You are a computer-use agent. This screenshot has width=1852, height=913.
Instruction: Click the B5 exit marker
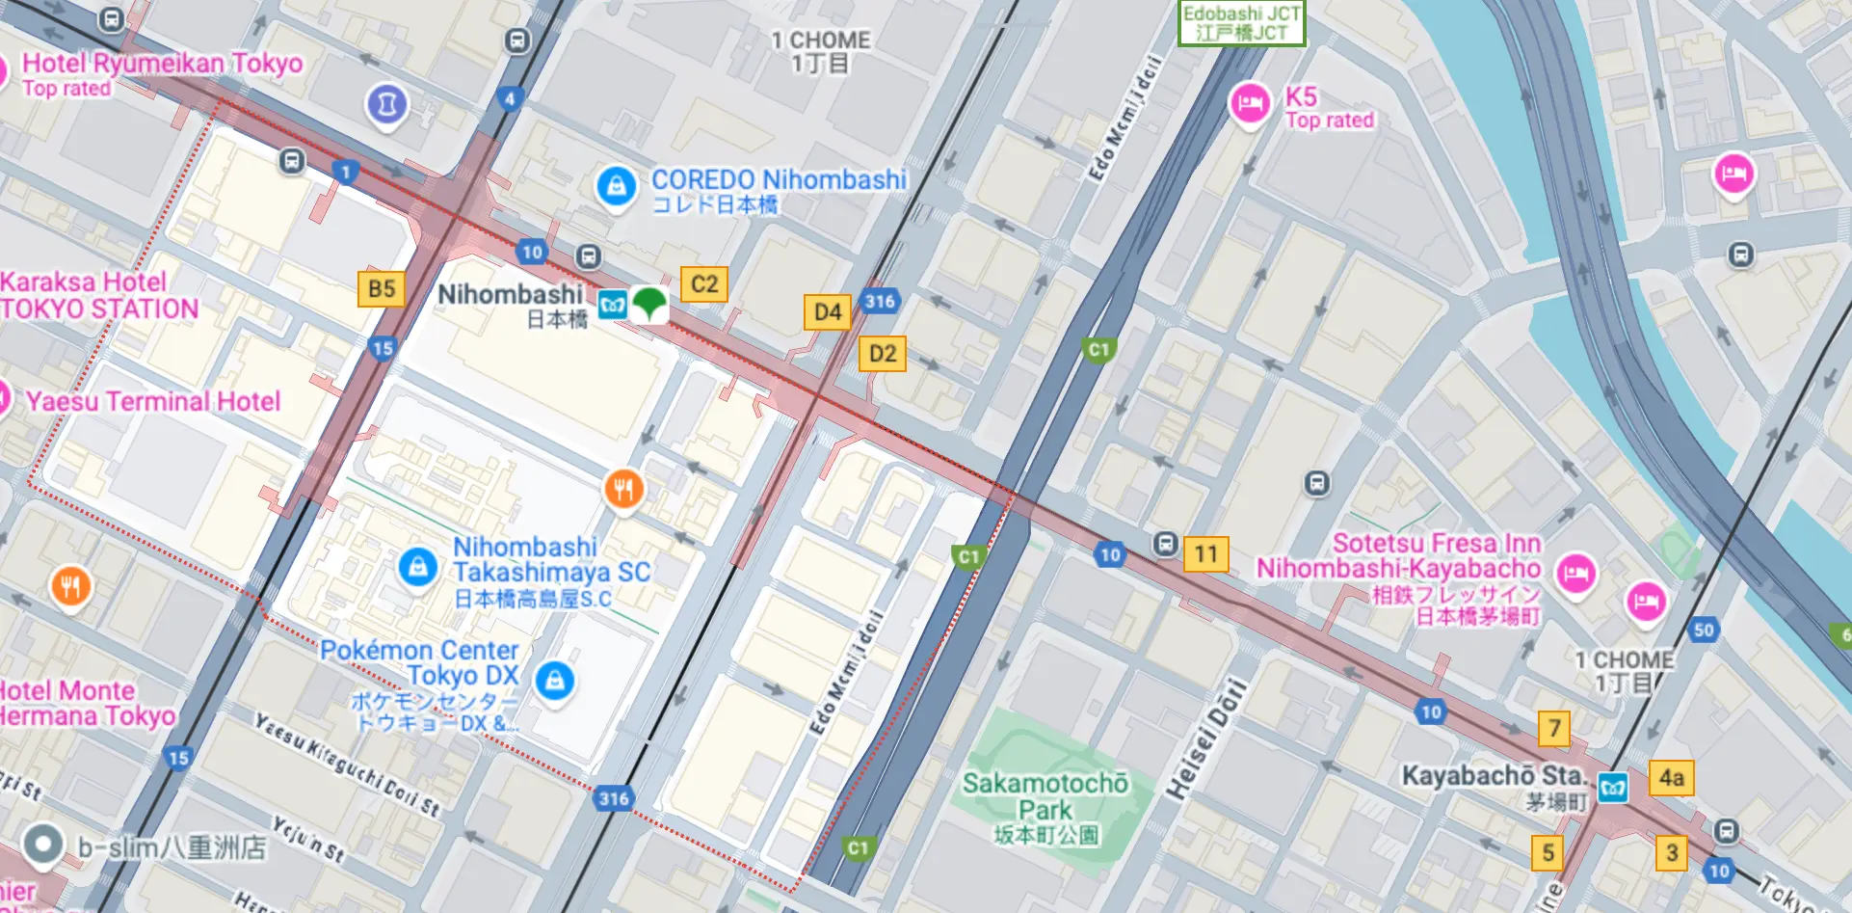tap(381, 288)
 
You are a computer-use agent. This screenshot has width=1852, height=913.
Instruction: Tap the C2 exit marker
tap(703, 284)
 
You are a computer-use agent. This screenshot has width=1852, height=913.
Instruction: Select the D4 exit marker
tap(827, 312)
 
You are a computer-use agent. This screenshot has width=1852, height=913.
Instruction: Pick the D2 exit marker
tap(882, 354)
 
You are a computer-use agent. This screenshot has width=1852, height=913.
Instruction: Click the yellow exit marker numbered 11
tap(1205, 554)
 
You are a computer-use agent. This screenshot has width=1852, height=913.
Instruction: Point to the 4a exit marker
tap(1671, 778)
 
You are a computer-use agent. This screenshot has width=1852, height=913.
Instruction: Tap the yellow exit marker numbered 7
tap(1553, 729)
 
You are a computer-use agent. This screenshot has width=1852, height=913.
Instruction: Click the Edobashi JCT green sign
tap(1241, 23)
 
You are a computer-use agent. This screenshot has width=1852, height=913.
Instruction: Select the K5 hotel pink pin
tap(1250, 103)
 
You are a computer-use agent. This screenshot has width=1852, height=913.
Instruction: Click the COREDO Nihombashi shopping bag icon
tap(616, 186)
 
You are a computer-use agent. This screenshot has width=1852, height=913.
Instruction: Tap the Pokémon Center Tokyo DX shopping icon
tap(554, 682)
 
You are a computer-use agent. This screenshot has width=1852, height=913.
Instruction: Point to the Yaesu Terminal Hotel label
tap(153, 401)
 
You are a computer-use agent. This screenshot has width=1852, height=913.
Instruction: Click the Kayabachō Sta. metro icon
tap(1613, 788)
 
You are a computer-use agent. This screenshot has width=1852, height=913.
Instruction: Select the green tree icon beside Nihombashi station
tap(649, 304)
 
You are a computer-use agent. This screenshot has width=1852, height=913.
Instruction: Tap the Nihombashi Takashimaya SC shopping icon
tap(417, 567)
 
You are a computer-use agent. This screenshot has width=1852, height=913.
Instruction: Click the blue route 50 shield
tap(1704, 631)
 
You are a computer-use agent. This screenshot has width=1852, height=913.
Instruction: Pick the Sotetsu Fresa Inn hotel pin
tap(1575, 574)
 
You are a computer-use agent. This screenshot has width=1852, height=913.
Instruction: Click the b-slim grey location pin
tap(42, 846)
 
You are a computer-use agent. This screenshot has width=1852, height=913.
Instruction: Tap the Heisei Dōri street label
tap(1206, 739)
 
